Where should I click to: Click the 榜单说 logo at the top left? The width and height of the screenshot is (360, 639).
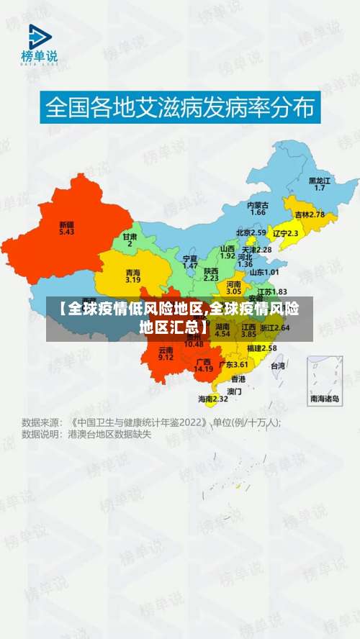(x=40, y=44)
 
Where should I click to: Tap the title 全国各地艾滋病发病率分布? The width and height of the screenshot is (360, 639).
(x=180, y=109)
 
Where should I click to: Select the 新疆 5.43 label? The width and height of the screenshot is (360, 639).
(x=66, y=227)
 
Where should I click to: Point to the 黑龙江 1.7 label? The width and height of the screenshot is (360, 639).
(x=320, y=183)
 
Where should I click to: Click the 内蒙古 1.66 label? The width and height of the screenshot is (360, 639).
(x=258, y=208)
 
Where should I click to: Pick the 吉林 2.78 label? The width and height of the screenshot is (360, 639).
(x=310, y=214)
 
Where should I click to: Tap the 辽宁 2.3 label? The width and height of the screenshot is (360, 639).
(x=284, y=233)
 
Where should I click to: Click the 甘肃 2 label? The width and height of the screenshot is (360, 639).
(x=130, y=240)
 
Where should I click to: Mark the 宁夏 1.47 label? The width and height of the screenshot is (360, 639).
(x=190, y=261)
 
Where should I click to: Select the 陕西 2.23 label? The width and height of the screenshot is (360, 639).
(x=211, y=273)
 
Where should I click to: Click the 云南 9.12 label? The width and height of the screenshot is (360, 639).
(x=166, y=353)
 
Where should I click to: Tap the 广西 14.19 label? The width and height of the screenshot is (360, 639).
(x=204, y=365)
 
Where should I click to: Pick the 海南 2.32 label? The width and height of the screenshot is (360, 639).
(x=213, y=398)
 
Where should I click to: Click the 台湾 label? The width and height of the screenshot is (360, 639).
(x=277, y=366)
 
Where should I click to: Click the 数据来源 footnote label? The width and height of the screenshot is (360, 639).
(x=41, y=422)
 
